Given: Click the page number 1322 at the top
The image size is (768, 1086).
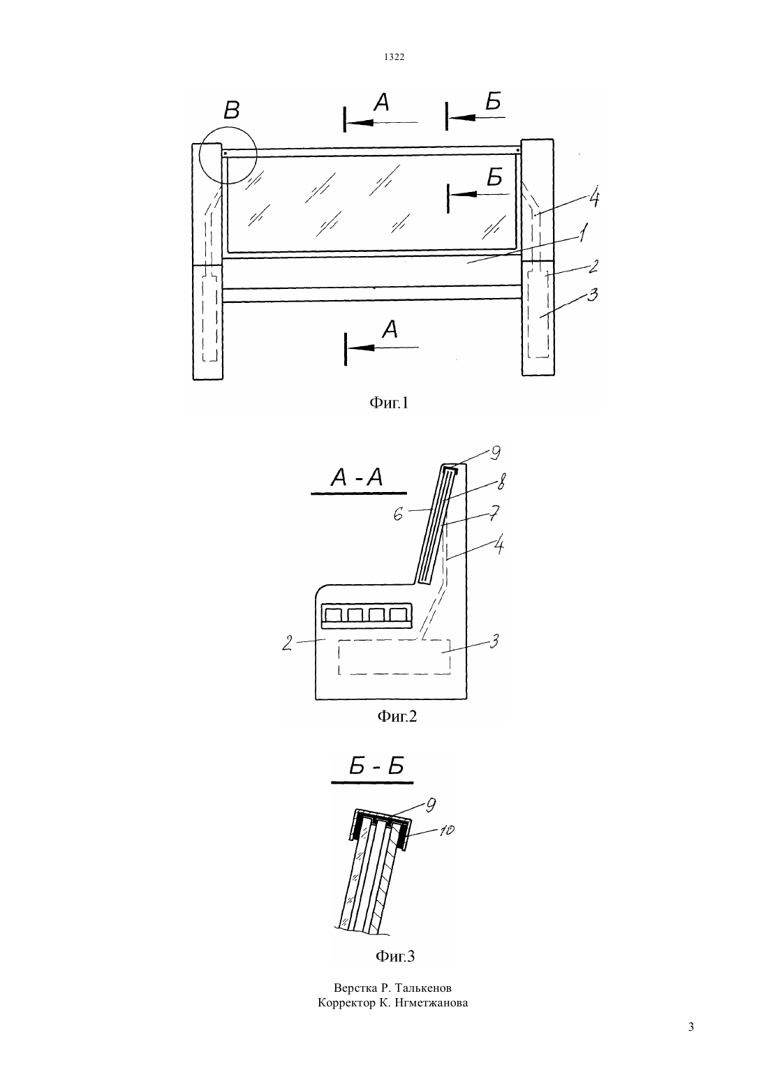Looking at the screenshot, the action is (394, 57).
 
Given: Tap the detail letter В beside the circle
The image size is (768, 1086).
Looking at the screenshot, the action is (232, 110).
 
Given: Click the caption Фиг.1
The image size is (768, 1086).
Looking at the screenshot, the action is (389, 403).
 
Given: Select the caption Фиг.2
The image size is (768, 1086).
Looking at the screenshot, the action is (397, 716).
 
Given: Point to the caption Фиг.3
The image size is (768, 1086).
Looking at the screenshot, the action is (395, 955).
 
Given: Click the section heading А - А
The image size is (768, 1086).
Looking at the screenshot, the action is (357, 478).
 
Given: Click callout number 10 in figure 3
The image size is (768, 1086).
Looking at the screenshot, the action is (446, 831).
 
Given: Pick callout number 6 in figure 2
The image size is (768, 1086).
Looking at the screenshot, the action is (398, 514).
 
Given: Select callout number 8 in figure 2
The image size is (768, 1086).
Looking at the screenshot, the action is (501, 482).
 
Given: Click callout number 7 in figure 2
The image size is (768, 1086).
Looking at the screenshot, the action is (494, 513).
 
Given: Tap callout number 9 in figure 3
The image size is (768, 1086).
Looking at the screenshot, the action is (429, 805).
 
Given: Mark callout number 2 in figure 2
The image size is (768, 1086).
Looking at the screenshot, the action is (288, 644).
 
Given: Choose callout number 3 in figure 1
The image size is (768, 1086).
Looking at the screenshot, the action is (592, 295).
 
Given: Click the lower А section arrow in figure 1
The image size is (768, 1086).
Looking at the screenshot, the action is (381, 348).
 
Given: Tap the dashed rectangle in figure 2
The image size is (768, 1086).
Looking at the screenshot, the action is (394, 640).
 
